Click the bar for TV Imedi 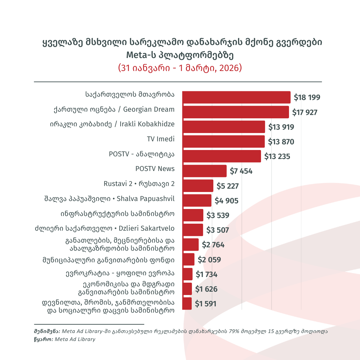[223, 141]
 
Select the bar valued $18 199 [236, 97]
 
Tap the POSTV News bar [204, 171]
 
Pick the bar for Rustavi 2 [198, 186]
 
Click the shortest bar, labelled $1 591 [187, 304]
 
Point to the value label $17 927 [305, 112]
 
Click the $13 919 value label [281, 127]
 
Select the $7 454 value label [241, 171]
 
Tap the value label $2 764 [213, 245]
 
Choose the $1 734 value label [206, 275]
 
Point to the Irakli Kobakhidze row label [112, 124]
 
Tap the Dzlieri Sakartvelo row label [105, 229]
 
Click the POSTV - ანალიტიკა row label [142, 154]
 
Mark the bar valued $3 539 [193, 215]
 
